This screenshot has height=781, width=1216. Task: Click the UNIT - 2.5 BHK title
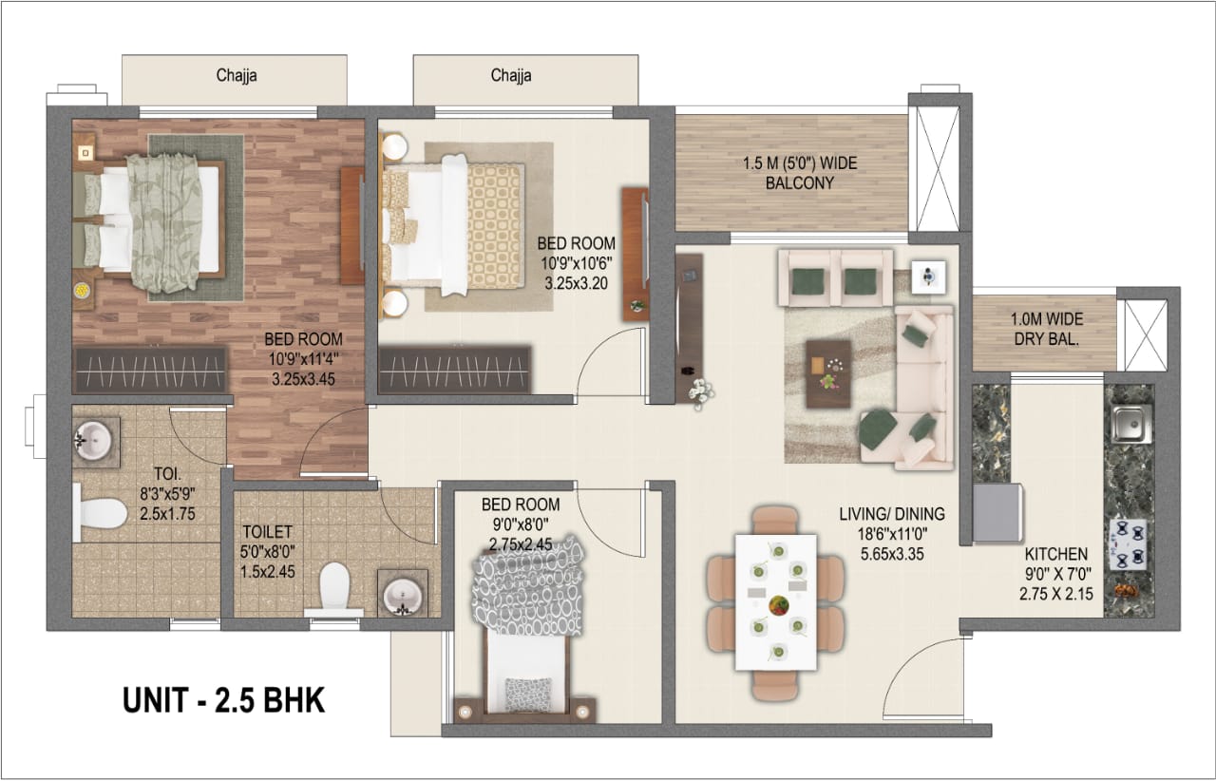(x=223, y=700)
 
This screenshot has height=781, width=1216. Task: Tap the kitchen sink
(x=1131, y=424)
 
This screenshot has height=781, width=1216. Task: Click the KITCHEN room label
(x=1055, y=554)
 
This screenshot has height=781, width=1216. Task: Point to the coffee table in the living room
(x=828, y=374)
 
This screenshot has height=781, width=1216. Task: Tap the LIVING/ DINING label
(x=892, y=514)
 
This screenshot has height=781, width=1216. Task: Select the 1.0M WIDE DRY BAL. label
(x=1047, y=329)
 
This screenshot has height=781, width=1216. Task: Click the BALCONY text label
(x=800, y=183)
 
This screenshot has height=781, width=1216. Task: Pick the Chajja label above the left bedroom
(x=237, y=75)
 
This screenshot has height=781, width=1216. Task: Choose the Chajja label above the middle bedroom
(x=511, y=75)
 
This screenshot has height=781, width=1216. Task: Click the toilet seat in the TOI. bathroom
(x=100, y=513)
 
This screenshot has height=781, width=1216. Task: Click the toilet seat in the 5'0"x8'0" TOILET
(x=333, y=589)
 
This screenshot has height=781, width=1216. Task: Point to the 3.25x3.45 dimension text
(x=303, y=379)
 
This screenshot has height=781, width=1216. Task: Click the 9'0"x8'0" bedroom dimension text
(x=520, y=524)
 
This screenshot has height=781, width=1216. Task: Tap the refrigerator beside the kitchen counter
(x=997, y=513)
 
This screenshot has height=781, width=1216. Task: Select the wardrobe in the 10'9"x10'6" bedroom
(x=454, y=370)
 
